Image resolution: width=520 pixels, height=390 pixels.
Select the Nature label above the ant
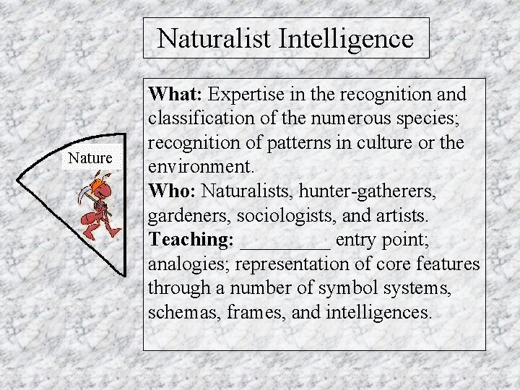click(90, 157)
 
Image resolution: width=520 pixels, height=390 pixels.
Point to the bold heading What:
click(176, 94)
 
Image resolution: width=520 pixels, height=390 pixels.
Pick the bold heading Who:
click(173, 191)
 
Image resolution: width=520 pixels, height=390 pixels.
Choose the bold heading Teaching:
click(191, 239)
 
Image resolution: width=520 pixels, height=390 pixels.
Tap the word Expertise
click(248, 95)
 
